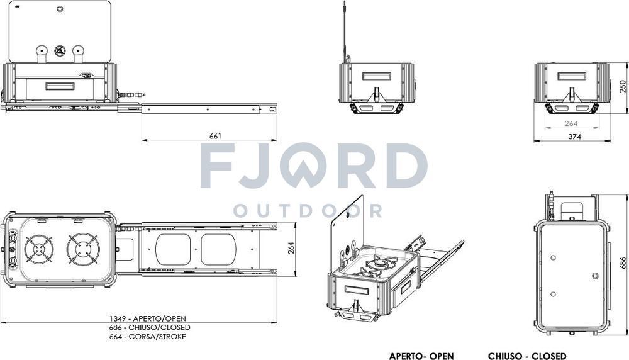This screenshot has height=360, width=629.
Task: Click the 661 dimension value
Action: tap(215, 136)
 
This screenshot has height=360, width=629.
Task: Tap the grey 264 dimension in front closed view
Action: tap(571, 124)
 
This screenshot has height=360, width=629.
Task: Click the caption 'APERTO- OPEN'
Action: tap(421, 356)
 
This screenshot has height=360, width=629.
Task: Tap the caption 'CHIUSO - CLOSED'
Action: tap(526, 356)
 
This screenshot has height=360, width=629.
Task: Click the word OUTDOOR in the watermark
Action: tap(308, 210)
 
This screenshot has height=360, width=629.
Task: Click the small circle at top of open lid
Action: tap(60, 9)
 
